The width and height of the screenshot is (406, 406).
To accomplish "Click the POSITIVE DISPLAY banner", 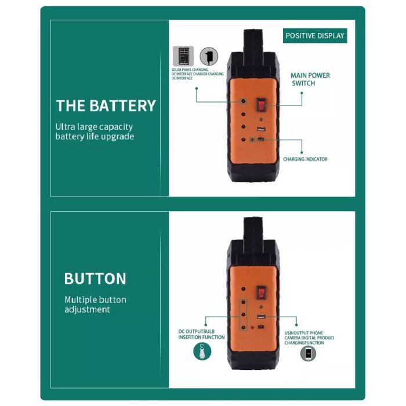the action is click(x=315, y=35).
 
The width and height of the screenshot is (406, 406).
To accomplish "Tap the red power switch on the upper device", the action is click(x=261, y=105).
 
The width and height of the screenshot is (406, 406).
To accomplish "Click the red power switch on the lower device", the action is click(x=261, y=292).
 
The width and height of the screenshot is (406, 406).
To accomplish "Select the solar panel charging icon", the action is click(x=183, y=56).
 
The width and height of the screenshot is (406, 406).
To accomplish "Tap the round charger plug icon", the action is click(x=209, y=56).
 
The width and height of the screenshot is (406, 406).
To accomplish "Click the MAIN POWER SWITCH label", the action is click(x=310, y=79).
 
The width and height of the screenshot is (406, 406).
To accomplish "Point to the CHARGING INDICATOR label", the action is click(x=305, y=159).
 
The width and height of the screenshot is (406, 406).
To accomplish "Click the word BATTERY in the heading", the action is click(x=123, y=106).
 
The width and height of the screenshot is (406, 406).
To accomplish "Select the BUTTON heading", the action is click(x=95, y=278).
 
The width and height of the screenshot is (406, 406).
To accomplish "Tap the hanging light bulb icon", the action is click(x=202, y=351).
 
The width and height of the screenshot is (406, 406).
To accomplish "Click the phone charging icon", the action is click(x=308, y=353).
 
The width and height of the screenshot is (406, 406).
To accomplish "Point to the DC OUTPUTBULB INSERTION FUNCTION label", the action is click(x=201, y=334).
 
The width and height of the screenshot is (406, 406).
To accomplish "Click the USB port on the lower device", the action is click(x=261, y=317).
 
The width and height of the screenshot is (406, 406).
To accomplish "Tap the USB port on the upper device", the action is click(x=261, y=129).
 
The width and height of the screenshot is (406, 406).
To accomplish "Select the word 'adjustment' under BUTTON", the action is click(x=87, y=310).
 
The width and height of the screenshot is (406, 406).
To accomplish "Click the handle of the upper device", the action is click(x=253, y=41).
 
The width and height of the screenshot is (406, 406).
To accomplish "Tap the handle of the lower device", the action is click(x=253, y=230).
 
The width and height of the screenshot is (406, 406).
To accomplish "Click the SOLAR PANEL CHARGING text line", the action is click(x=190, y=70).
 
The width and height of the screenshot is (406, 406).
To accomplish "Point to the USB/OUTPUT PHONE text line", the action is click(x=304, y=333).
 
